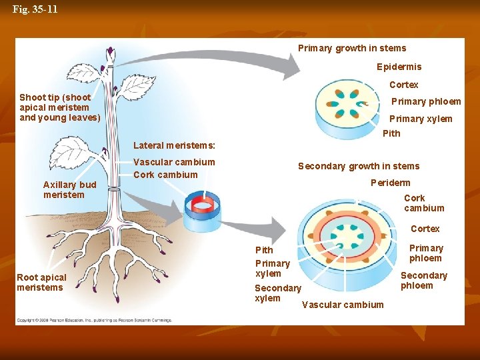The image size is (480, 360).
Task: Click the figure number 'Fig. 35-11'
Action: [x=35, y=9]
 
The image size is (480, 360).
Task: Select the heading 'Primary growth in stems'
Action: [x=351, y=48]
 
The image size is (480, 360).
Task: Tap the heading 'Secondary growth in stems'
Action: [x=359, y=166]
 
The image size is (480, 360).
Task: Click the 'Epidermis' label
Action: [x=399, y=67]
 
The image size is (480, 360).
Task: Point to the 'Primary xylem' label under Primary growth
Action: [x=421, y=119]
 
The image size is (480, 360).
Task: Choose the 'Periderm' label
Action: [x=390, y=183]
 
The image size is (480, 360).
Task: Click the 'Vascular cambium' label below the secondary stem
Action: [x=343, y=305]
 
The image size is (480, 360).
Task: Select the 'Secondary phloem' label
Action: [x=423, y=280]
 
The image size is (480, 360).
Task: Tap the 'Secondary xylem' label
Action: [x=277, y=293]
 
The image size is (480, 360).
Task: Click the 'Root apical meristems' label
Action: [x=41, y=282]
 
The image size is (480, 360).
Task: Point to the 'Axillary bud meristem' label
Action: [x=69, y=189]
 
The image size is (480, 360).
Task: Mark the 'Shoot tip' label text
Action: [x=59, y=107]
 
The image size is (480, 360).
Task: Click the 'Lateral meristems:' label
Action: [x=174, y=145]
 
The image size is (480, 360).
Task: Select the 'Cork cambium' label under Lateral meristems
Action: [x=165, y=175]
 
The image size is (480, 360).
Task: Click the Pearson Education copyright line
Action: [x=94, y=320]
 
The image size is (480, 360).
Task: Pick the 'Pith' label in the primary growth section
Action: [x=391, y=133]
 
